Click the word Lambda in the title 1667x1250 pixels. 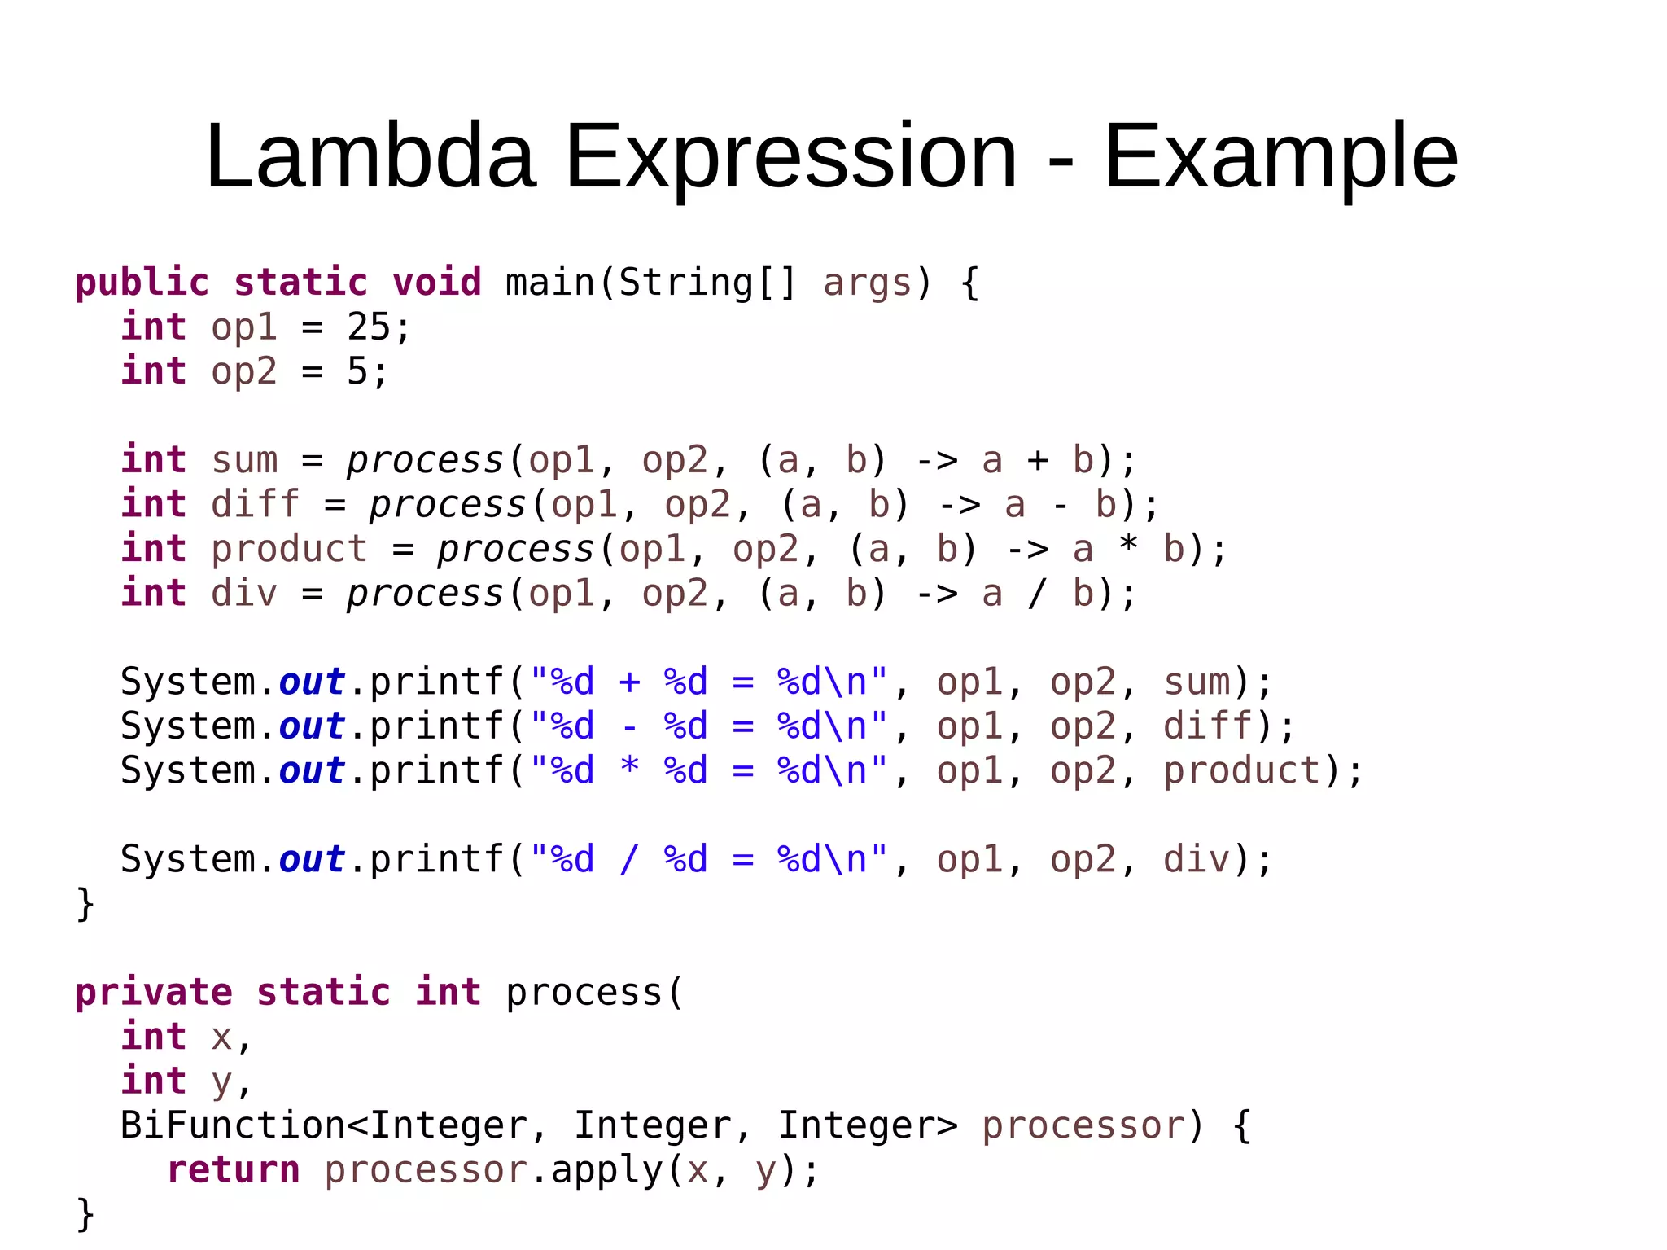[x=370, y=156]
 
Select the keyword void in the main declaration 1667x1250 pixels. [x=437, y=283]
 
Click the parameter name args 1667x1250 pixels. [x=868, y=283]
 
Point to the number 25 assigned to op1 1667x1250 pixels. [x=369, y=327]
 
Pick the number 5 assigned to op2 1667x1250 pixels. [x=357, y=371]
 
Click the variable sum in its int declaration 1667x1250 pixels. [x=244, y=460]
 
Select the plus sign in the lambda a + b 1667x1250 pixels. [x=1037, y=460]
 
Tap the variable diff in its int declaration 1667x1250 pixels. [x=256, y=505]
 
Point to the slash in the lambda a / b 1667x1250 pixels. [x=1037, y=594]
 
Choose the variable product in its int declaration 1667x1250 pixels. [x=289, y=549]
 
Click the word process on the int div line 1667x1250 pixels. [x=426, y=594]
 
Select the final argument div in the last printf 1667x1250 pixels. [x=1197, y=860]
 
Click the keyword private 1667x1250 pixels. [x=154, y=993]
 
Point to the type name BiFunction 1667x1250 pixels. [x=233, y=1126]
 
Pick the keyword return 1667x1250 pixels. [x=234, y=1170]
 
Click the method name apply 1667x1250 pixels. [x=607, y=1170]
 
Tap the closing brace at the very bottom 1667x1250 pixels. [x=85, y=1214]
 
